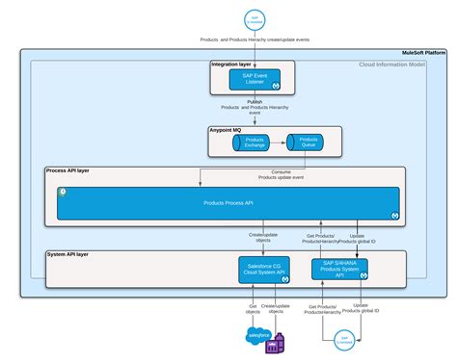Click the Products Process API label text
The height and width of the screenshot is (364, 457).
click(228, 203)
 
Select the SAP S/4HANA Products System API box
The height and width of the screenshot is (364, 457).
click(340, 269)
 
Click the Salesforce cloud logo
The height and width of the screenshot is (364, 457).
click(258, 336)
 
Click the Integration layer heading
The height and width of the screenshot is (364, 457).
click(232, 64)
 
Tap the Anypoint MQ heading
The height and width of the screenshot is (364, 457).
click(226, 128)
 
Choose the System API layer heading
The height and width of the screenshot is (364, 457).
click(68, 254)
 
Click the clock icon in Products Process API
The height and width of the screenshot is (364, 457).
click(63, 192)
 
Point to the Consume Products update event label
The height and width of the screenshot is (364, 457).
click(282, 175)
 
